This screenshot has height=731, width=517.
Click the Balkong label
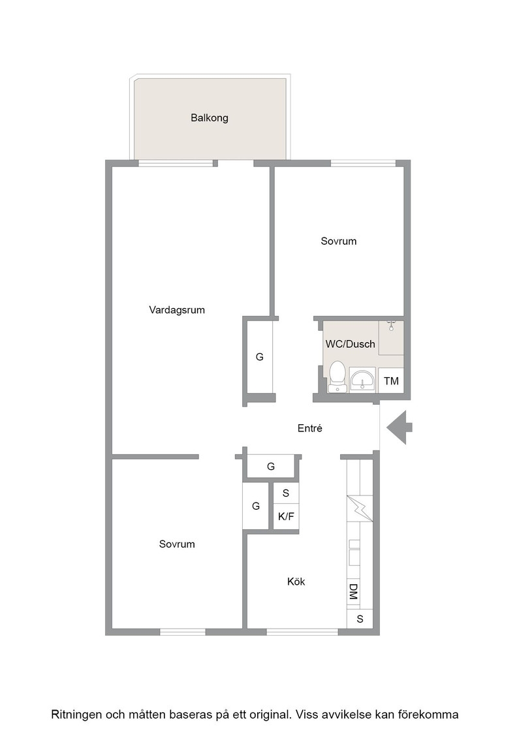coord(210,118)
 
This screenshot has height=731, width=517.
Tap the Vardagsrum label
coord(177,310)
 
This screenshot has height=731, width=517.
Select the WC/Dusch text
coord(350,344)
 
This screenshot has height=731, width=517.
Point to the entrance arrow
coord(399,428)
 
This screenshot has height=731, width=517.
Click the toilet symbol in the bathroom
coord(337,377)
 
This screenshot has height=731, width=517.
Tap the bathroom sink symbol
coord(362,380)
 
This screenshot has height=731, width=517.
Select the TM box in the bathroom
coord(390,381)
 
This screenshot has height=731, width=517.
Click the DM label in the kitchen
coord(353,592)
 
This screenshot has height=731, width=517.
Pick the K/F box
coord(286,516)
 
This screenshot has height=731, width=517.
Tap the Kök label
coord(296,582)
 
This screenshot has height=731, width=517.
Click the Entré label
coord(309,428)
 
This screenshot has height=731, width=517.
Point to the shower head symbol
coord(391,325)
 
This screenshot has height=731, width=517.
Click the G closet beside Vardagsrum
coord(260,356)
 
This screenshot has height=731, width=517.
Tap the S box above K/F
coord(286,493)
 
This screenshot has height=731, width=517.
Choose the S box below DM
coord(360,619)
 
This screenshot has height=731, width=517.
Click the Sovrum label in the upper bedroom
coord(338,241)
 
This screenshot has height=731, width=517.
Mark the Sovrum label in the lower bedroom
coord(177,544)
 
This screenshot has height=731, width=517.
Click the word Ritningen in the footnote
coord(76,715)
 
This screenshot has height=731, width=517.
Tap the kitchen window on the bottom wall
coord(302,632)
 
